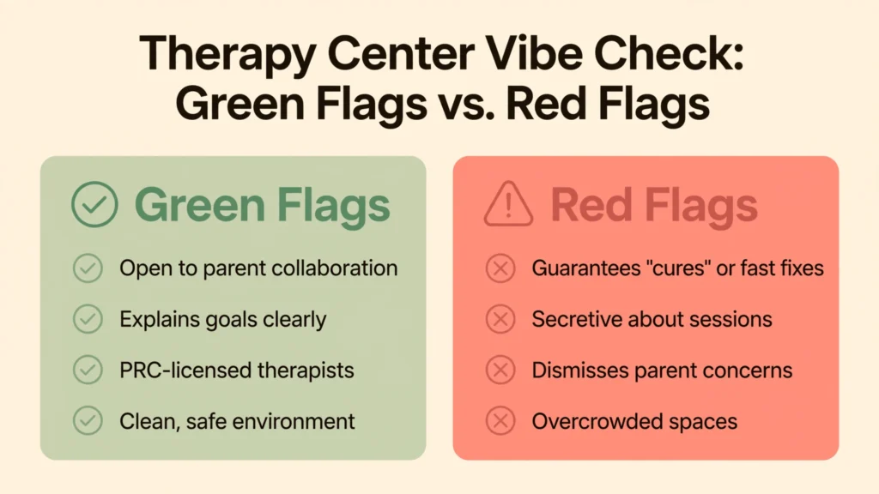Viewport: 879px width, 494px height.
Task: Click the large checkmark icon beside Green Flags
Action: (x=94, y=204)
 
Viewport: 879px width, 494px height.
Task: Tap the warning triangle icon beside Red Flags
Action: (x=508, y=204)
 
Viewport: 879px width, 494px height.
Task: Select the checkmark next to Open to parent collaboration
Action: (x=88, y=268)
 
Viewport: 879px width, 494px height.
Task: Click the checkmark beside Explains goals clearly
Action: (x=88, y=319)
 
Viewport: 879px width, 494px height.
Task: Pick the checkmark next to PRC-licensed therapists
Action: (x=88, y=370)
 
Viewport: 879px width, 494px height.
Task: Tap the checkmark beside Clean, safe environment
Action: (x=88, y=421)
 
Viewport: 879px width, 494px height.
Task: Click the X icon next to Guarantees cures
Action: (x=500, y=268)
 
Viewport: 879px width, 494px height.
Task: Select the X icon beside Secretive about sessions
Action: (x=500, y=319)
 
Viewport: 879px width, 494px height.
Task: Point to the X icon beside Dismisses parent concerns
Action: (x=500, y=370)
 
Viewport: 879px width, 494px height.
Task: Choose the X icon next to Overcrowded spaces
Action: (x=500, y=421)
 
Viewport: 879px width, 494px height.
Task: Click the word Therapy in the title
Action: (x=227, y=55)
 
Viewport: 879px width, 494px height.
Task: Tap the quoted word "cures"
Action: (x=678, y=268)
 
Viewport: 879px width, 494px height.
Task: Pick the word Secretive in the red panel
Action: (x=576, y=319)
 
